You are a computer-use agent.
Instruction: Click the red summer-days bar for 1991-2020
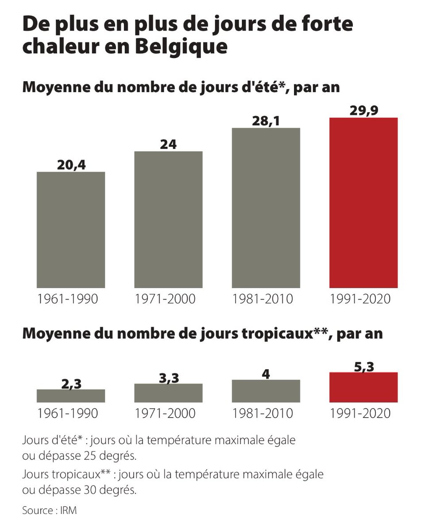[x=364, y=203]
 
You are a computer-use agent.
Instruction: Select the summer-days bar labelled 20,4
[x=71, y=230]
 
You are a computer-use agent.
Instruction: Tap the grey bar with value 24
[x=168, y=219]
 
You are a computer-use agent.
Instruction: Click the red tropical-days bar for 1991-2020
[x=364, y=387]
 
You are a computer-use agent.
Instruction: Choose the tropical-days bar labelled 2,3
[x=71, y=396]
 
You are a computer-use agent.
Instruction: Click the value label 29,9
[x=364, y=110]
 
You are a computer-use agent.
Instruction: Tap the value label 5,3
[x=364, y=366]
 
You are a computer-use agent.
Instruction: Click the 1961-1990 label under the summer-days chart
[x=67, y=299]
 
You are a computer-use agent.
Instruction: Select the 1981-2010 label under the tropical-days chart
[x=263, y=413]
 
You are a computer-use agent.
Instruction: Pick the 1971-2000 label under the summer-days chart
[x=165, y=299]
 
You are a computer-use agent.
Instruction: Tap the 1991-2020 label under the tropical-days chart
[x=360, y=413]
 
